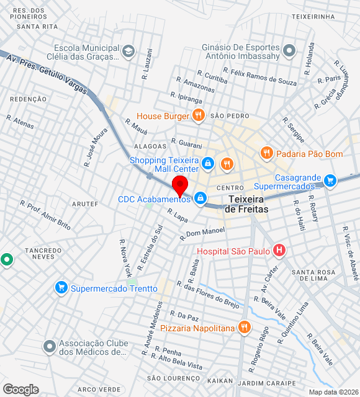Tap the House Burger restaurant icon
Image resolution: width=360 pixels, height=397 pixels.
pos(198,115)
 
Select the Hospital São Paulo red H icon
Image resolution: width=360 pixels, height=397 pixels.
pos(279,251)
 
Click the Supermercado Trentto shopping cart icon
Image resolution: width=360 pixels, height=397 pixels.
pos(61,288)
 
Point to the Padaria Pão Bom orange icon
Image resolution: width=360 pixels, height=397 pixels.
pos(266,153)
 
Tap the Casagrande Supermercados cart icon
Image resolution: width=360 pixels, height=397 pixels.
pos(330,181)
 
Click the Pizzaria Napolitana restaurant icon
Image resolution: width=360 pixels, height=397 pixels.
pos(245,327)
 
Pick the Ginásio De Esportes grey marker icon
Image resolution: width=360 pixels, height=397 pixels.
pos(289,51)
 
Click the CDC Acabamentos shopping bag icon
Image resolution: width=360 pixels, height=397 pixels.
pos(200,198)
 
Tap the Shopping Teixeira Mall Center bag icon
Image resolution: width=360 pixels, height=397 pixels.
pos(208,164)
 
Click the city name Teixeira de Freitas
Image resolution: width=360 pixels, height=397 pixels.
pos(246,204)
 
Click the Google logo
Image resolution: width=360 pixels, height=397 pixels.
pos(20,390)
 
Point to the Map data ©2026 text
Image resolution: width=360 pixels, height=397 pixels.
pos(333,392)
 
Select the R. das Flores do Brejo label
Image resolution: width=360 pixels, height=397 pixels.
pos(208,293)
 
